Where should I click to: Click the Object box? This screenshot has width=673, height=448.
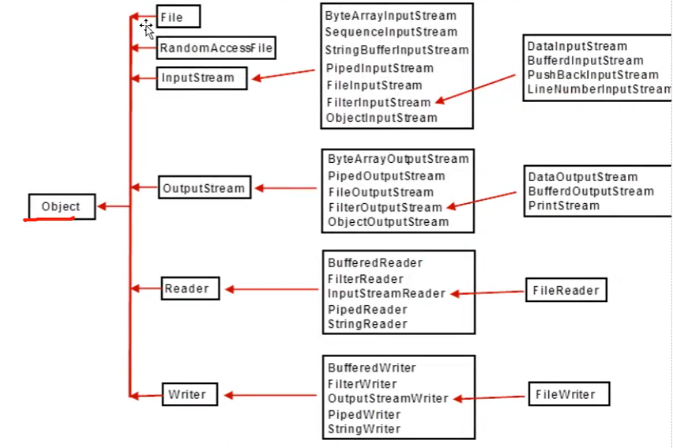(x=62, y=206)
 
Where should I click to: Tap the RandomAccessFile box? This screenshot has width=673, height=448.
(x=216, y=48)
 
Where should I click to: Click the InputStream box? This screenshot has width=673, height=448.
(x=202, y=78)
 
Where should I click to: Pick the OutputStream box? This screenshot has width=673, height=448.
(x=205, y=188)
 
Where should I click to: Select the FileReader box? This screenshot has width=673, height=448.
(x=566, y=290)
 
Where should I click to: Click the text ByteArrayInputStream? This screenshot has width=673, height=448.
(x=390, y=15)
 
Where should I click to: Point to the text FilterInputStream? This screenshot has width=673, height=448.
(x=378, y=102)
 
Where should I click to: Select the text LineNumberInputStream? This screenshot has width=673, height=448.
(x=598, y=89)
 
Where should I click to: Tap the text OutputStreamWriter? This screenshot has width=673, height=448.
(x=387, y=398)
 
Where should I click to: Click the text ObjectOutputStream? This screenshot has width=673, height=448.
(x=388, y=221)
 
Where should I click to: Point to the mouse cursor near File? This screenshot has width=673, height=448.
(x=147, y=29)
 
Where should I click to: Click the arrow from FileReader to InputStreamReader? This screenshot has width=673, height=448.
(x=488, y=293)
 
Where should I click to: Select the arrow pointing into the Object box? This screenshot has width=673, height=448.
(x=114, y=207)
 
